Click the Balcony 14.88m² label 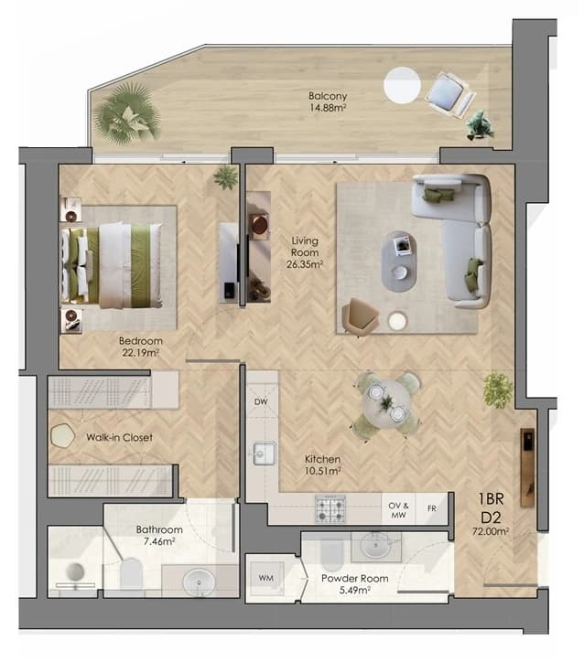[x=328, y=101]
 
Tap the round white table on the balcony [x=402, y=85]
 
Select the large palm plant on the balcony [x=126, y=113]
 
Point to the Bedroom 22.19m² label [x=140, y=347]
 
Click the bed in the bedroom [x=112, y=265]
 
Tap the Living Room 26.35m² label [x=305, y=252]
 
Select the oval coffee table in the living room [x=399, y=262]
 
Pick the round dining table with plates [x=386, y=404]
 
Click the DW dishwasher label [x=261, y=401]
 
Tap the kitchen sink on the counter [x=265, y=454]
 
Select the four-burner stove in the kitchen [x=330, y=508]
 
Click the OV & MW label [x=398, y=510]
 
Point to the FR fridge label [x=432, y=508]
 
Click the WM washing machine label [x=265, y=578]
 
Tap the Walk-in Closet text [x=119, y=437]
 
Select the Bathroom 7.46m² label [x=159, y=535]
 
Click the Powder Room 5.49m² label [x=354, y=584]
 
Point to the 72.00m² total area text [x=491, y=531]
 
